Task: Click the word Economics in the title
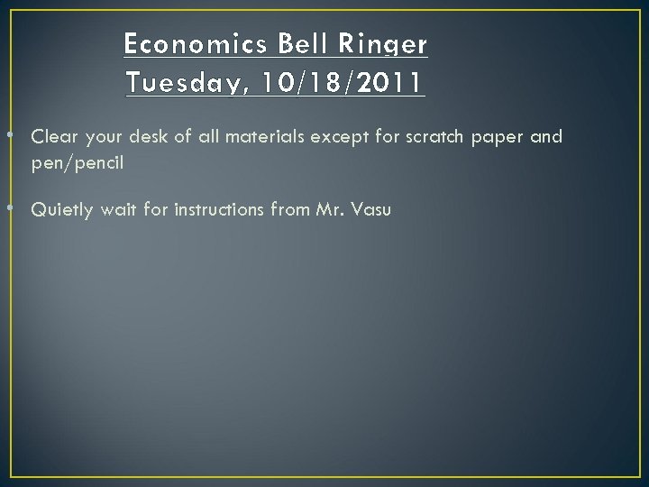190,43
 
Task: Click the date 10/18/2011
342,83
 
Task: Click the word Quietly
61,210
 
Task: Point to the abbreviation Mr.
327,210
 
